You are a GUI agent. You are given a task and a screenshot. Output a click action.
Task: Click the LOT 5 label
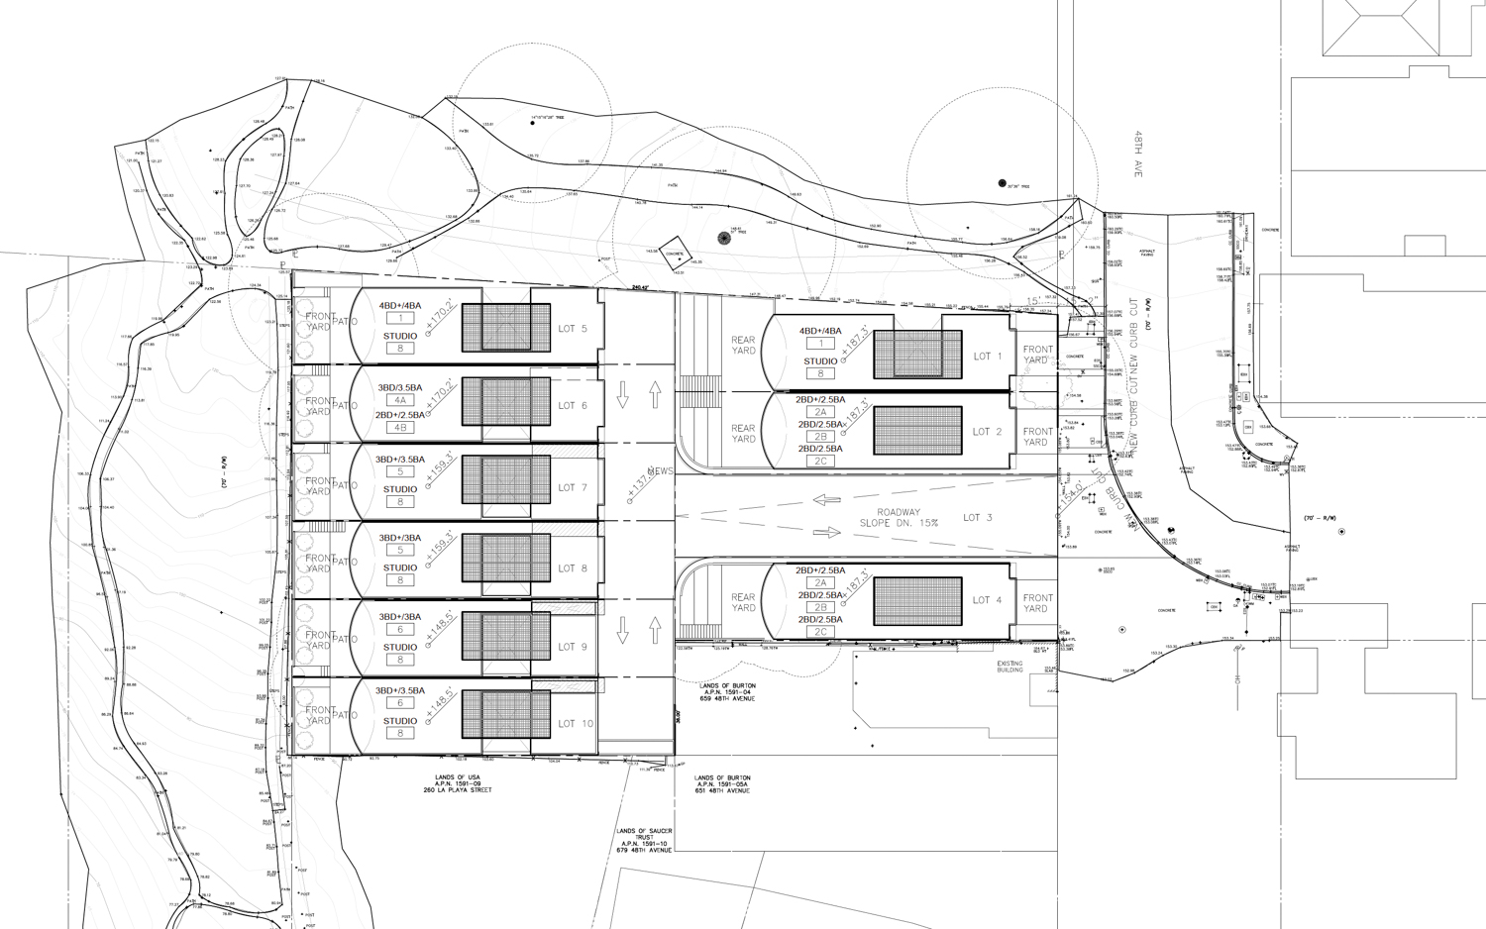(x=573, y=329)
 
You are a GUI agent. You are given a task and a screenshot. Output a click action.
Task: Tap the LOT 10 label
(x=575, y=724)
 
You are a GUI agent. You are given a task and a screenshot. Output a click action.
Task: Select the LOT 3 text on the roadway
(x=978, y=518)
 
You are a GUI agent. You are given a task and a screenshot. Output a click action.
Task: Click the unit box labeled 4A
(x=400, y=401)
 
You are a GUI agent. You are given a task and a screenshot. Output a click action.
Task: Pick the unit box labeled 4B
(x=400, y=428)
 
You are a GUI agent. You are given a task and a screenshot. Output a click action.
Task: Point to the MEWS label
(x=660, y=471)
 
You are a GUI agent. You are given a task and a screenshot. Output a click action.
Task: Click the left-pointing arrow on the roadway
(x=826, y=500)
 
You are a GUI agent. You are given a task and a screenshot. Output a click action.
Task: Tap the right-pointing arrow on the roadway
(x=826, y=533)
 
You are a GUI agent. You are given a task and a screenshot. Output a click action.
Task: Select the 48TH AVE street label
(x=1139, y=154)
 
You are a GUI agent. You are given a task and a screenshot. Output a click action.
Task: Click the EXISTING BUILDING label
(x=1009, y=668)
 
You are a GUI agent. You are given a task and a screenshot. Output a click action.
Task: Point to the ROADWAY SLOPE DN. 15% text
(x=899, y=518)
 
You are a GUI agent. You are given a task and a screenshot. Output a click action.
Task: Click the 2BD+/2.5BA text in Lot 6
(x=400, y=415)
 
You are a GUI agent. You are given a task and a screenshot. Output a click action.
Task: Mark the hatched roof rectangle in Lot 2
(x=917, y=431)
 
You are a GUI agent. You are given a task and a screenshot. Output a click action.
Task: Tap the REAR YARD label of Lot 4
(x=743, y=603)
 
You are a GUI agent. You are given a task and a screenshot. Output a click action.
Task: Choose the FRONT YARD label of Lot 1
(x=1037, y=355)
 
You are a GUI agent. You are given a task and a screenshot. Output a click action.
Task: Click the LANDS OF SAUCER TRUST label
(x=644, y=841)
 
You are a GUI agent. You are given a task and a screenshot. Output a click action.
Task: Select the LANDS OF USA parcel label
(x=457, y=784)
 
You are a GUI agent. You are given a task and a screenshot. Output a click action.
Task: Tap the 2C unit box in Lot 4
(x=820, y=632)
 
